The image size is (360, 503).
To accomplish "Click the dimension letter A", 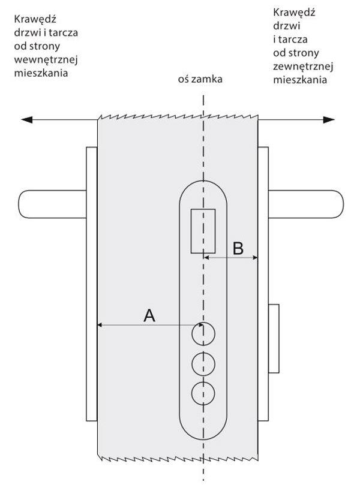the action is [149, 315].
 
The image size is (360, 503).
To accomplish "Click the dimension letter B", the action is [238, 248].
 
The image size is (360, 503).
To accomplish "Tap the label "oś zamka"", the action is [200, 79].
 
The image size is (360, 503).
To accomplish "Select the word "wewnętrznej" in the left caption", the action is [46, 60].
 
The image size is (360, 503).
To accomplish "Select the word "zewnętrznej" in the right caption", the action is [303, 67].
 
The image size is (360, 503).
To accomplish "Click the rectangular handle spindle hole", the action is [203, 231].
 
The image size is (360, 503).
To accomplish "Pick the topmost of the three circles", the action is [203, 334].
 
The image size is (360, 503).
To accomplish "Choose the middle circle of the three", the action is [203, 364].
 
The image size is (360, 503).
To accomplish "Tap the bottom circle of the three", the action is [203, 394].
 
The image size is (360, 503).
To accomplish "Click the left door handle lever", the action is [52, 204].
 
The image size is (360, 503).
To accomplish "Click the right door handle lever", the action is [306, 204].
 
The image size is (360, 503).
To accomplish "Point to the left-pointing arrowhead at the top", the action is [26, 120].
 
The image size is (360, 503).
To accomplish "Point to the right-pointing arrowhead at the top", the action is [329, 120].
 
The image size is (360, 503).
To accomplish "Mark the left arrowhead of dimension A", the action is [99, 325].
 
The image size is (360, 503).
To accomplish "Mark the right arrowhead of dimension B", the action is [256, 257].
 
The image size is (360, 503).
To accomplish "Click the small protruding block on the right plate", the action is [274, 339].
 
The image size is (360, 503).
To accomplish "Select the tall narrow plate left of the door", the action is [92, 284].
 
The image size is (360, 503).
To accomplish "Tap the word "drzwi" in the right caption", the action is [287, 26].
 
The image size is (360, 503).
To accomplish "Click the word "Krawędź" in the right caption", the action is [294, 13].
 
